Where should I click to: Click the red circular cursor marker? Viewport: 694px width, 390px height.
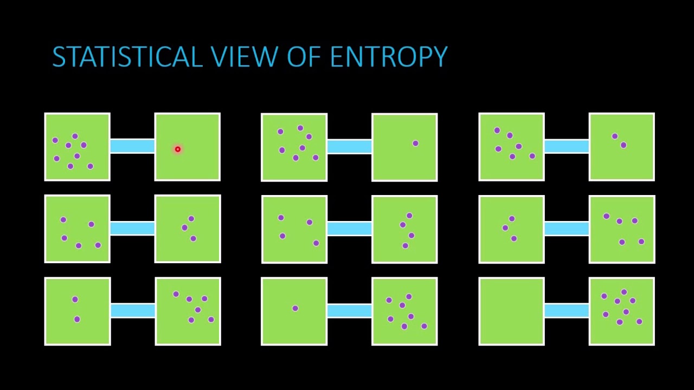tap(177, 149)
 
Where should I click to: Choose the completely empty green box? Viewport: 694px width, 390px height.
tap(511, 311)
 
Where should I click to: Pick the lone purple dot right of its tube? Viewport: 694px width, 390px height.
tap(415, 144)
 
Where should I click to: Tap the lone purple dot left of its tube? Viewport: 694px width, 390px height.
tap(295, 308)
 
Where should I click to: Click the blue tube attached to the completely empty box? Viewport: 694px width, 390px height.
tap(567, 310)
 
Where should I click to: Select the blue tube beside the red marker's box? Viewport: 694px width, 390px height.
tap(132, 146)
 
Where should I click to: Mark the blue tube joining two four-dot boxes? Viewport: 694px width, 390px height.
tap(349, 228)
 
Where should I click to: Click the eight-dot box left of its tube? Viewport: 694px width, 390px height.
tap(77, 147)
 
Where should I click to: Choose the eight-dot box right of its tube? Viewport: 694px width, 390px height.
tap(621, 311)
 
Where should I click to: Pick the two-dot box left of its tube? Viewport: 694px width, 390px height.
tap(77, 311)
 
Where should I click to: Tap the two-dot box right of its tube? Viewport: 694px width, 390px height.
tap(621, 147)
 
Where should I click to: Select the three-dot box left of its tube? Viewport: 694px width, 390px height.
tap(511, 229)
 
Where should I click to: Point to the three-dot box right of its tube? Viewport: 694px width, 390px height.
tap(188, 229)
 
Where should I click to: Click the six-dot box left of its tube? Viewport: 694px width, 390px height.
tap(511, 147)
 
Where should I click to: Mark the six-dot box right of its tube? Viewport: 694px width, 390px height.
tap(188, 311)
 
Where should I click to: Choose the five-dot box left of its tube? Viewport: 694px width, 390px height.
tap(77, 229)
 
